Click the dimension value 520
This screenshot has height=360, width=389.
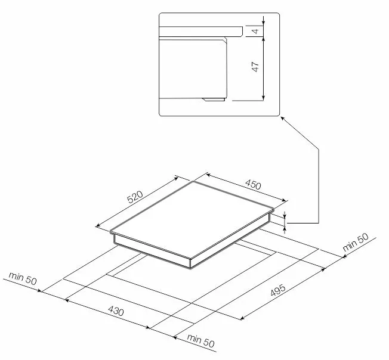pos(135,197)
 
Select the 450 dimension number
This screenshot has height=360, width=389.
pos(253,184)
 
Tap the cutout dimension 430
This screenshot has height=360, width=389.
pos(116,311)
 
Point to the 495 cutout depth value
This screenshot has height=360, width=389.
pos(278,290)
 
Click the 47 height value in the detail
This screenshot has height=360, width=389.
pos(255,67)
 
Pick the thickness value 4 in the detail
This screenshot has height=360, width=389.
pos(255,31)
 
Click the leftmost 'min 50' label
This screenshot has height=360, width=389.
pos(23,278)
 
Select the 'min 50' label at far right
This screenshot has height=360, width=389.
pos(356,242)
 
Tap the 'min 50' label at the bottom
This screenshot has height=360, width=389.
pos(200,340)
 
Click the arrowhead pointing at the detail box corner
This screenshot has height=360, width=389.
pos(283,119)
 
